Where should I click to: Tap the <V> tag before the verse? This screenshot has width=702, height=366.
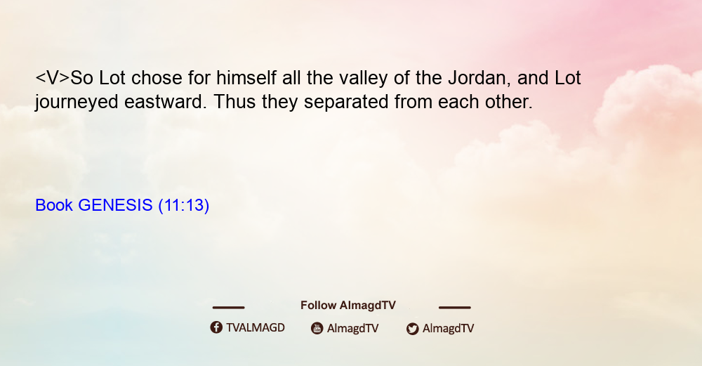[53, 79]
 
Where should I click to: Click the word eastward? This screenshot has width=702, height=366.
[166, 102]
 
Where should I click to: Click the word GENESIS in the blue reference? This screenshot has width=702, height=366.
[116, 205]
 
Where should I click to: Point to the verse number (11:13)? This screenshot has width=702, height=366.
[183, 206]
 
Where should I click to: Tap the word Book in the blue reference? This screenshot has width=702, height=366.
[54, 205]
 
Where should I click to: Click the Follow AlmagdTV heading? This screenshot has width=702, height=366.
[348, 306]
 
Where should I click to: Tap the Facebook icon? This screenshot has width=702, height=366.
[216, 327]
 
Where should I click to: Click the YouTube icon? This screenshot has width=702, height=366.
[317, 328]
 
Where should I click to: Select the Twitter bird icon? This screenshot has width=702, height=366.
[412, 329]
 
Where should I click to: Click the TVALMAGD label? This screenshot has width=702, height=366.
[256, 328]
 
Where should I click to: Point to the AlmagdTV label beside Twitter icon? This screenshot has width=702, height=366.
[448, 329]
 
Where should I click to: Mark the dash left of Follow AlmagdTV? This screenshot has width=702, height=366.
[228, 307]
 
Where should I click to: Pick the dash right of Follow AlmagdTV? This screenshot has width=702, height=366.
[455, 307]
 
